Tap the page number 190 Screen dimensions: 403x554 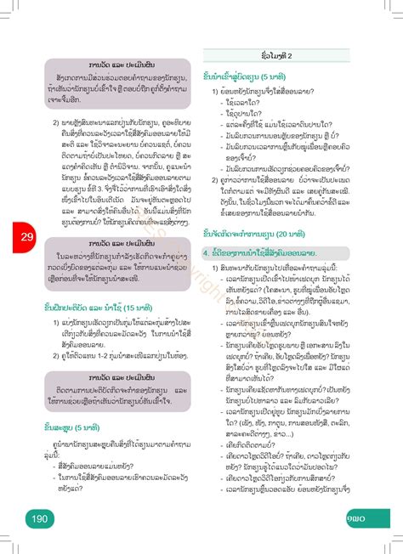click(39, 519)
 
